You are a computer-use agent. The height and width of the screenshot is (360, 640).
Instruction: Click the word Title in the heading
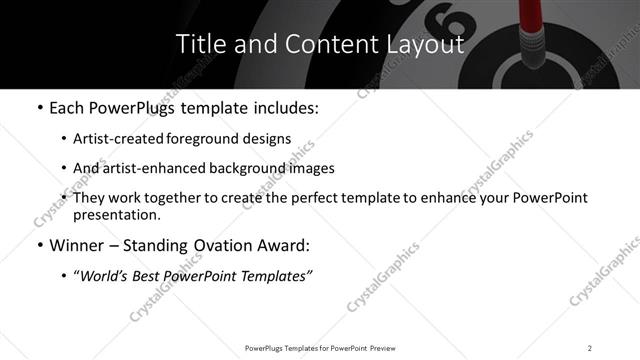coord(199,44)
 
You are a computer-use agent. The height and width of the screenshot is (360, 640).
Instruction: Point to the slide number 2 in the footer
coord(590,347)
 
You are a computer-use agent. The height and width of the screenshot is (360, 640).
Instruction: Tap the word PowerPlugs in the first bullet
coord(140,108)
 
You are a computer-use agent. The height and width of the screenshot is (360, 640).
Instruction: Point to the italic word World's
coord(108,276)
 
